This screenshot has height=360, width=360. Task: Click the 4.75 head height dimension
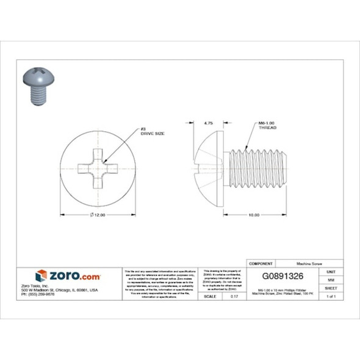pos(207,123)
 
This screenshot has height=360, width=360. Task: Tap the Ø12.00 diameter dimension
pos(98,215)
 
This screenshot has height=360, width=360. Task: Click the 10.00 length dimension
pos(254,215)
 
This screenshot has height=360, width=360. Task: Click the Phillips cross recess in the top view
pos(98,165)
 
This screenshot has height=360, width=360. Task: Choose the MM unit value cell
pos(331,279)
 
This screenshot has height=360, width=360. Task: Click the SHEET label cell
pos(331,287)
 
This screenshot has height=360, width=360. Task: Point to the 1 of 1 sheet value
pos(331,296)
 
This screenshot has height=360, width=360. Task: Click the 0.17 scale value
pos(234,296)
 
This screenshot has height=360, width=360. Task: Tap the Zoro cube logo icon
pos(41,276)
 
